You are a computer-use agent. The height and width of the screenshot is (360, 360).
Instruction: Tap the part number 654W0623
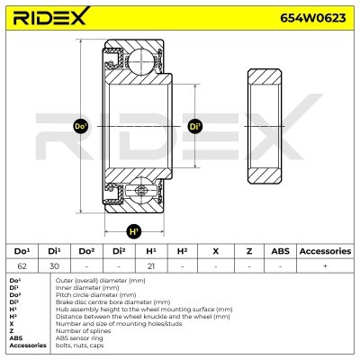[x=312, y=17]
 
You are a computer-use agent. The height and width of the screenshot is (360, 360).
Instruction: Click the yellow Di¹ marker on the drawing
[x=195, y=126]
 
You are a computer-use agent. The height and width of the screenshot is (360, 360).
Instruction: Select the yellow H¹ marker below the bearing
[x=135, y=231]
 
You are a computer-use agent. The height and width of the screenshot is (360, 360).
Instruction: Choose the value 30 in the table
[x=54, y=266]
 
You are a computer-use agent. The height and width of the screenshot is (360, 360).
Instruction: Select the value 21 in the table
[x=150, y=266]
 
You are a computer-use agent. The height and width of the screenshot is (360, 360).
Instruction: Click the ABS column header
[x=280, y=250]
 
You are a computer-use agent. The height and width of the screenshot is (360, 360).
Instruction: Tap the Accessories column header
[x=325, y=250]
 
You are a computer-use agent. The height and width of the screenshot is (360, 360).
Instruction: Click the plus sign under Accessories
[x=325, y=266]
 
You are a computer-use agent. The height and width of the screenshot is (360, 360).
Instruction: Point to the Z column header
[x=247, y=250]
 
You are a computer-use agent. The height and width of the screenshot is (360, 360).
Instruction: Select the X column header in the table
[x=215, y=250]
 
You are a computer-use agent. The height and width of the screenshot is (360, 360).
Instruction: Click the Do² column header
[x=86, y=250]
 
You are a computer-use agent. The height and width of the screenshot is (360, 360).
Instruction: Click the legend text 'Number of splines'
[x=82, y=331]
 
